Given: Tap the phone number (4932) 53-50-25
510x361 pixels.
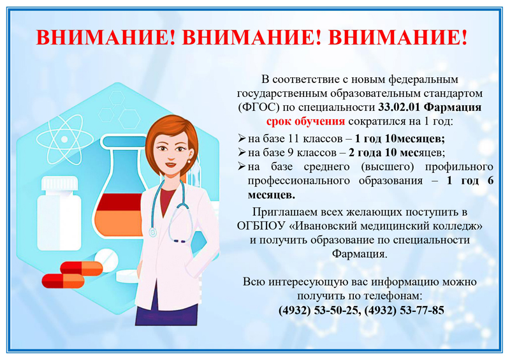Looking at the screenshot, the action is pyautogui.click(x=319, y=310).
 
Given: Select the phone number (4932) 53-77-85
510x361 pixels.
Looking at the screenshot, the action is pyautogui.click(x=404, y=310).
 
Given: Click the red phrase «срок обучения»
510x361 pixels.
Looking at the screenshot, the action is pyautogui.click(x=305, y=121).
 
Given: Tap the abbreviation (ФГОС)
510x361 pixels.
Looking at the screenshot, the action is pyautogui.click(x=259, y=107).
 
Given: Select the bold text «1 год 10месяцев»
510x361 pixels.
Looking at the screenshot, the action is pyautogui.click(x=400, y=138).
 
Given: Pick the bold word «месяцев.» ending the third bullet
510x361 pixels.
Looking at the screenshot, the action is pyautogui.click(x=272, y=195).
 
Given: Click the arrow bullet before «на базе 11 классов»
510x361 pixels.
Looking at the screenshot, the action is pyautogui.click(x=242, y=138).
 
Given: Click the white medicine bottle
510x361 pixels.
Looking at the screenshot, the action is pyautogui.click(x=59, y=214).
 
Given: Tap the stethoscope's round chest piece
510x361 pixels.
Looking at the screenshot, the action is pyautogui.click(x=152, y=232).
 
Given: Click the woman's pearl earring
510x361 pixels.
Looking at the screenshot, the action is pyautogui.click(x=189, y=161).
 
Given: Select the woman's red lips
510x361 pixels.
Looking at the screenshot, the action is pyautogui.click(x=170, y=164).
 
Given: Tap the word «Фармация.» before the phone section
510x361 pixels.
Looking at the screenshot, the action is pyautogui.click(x=360, y=254).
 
